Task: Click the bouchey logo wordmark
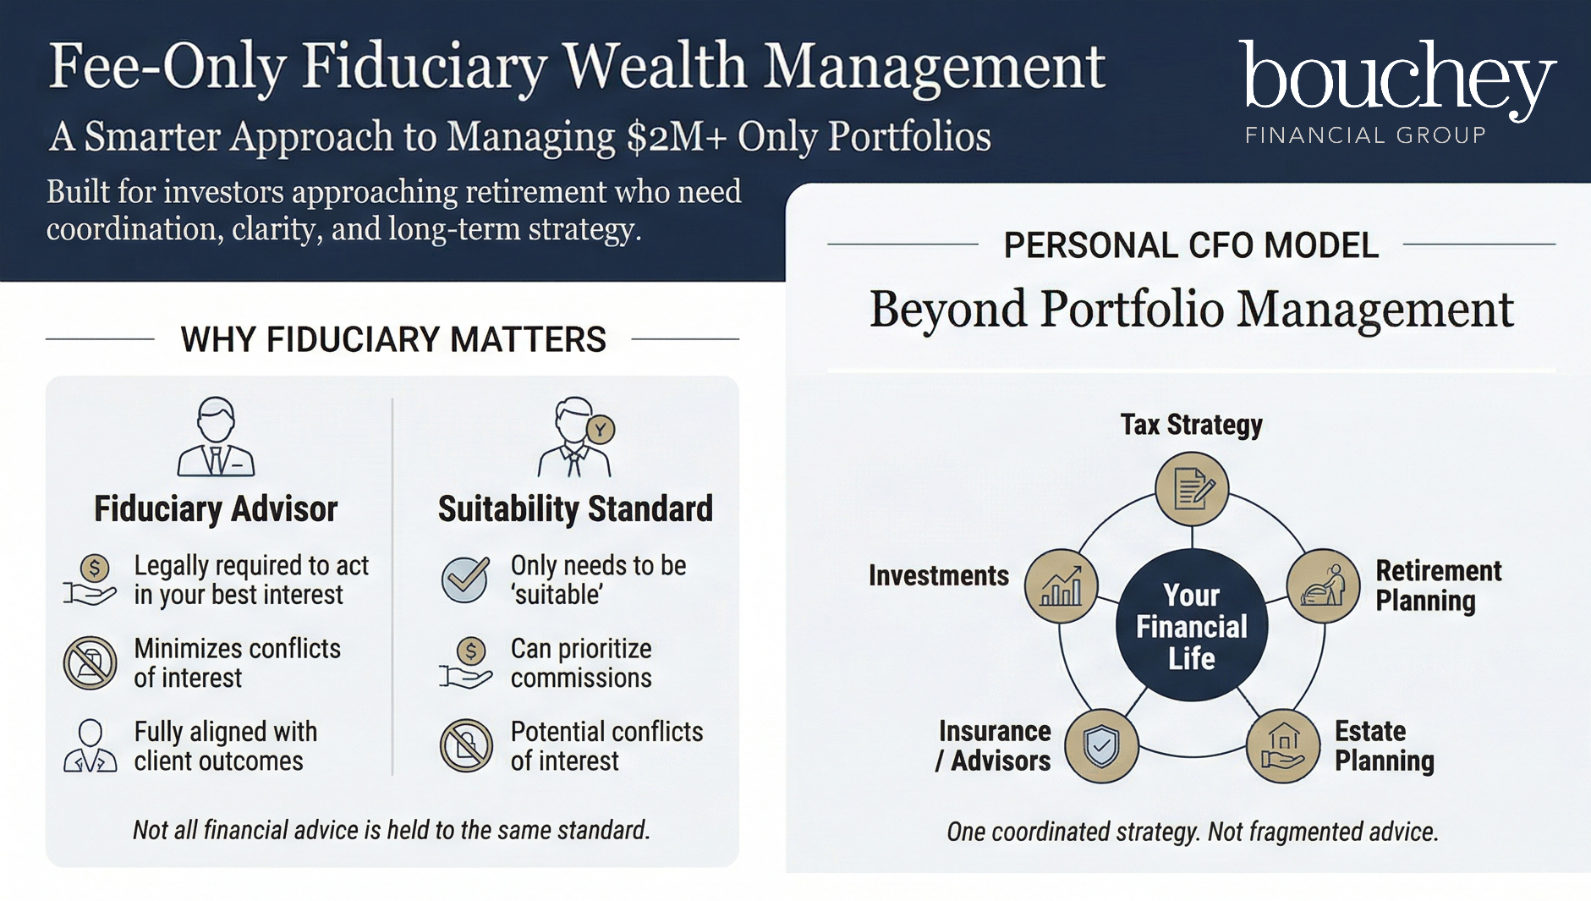point(1397,80)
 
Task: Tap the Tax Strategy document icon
point(1192,489)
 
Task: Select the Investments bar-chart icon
point(1061,585)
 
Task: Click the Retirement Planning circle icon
point(1323,585)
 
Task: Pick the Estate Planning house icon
point(1283,746)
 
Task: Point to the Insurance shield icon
point(1101,746)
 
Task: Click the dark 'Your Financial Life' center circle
point(1192,625)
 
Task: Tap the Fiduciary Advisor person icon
point(216,437)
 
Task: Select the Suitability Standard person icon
point(576,437)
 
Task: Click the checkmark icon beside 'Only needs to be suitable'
point(465,579)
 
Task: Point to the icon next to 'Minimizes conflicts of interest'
point(90,662)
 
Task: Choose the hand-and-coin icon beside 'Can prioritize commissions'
point(465,662)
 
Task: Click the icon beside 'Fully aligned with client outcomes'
point(90,745)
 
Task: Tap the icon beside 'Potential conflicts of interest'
point(466,745)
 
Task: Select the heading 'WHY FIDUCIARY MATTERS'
point(393,339)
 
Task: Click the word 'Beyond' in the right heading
point(948,310)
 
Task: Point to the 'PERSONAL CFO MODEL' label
point(1191,245)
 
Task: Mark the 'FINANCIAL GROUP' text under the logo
point(1365,135)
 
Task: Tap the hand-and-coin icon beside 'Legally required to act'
point(90,580)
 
